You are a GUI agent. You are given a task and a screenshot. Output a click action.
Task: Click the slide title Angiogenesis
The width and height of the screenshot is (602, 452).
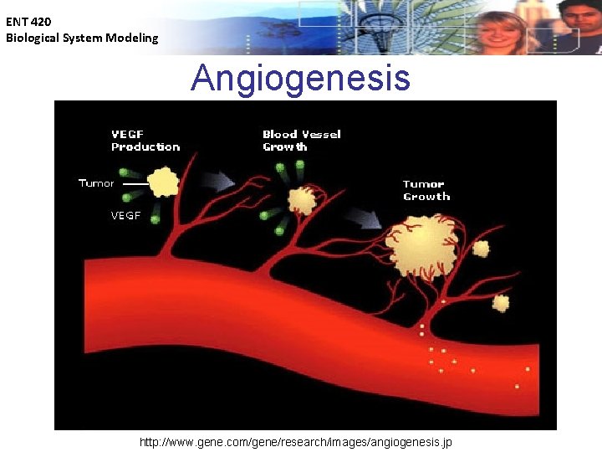pos(300,78)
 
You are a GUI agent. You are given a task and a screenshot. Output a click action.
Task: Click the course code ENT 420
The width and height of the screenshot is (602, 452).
pos(28,23)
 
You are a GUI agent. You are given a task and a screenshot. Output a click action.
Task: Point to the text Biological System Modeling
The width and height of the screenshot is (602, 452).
pos(82,38)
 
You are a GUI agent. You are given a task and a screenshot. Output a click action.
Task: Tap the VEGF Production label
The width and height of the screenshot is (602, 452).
pos(145,140)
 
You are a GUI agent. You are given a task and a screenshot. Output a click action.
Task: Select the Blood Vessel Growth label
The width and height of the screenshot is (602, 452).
pos(301,140)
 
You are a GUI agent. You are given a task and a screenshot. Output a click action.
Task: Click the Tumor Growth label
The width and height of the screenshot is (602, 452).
pos(426,190)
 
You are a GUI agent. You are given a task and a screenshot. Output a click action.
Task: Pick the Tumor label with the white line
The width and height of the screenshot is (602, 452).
pos(95,182)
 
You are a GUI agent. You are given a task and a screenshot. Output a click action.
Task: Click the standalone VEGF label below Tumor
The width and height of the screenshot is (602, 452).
pos(125,215)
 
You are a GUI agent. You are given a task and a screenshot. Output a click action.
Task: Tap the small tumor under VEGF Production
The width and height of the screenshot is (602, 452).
pos(163,182)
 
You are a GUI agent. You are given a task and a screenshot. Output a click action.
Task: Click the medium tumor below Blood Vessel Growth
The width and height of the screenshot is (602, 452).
pos(301,200)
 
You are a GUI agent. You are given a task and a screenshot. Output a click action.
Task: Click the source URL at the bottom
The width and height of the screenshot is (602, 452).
pos(296,442)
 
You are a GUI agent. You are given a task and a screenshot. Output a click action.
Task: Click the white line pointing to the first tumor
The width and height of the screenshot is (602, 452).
pos(135,184)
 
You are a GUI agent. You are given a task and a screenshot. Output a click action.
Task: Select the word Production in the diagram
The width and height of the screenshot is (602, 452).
pos(145,146)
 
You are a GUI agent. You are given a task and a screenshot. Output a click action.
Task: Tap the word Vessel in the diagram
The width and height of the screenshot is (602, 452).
pos(321,134)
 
